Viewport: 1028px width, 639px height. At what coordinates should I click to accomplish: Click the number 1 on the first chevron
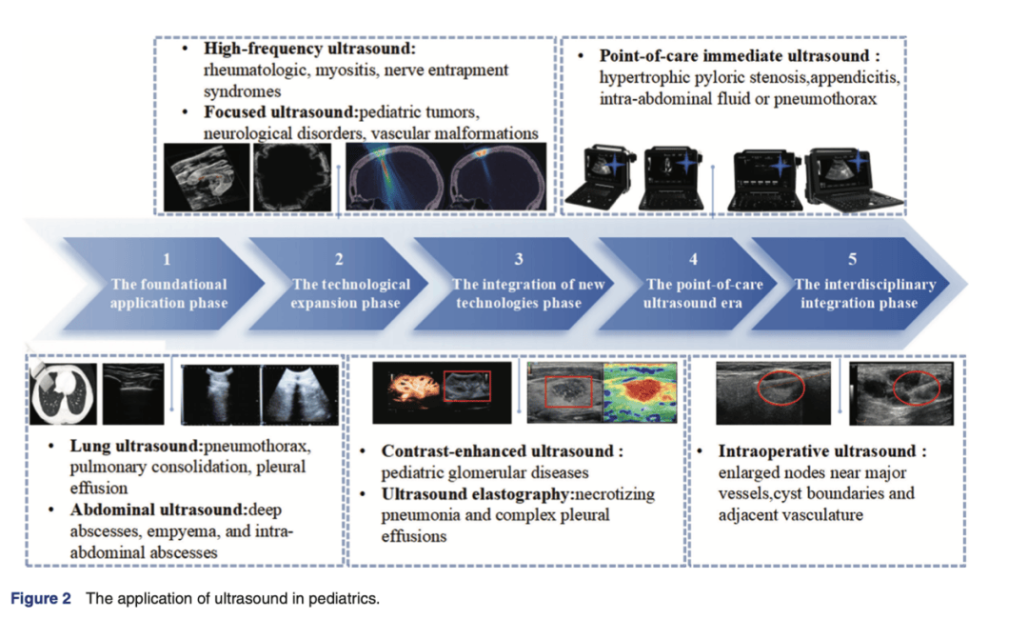tap(168, 258)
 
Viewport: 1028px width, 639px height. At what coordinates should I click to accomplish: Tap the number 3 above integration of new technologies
tap(518, 258)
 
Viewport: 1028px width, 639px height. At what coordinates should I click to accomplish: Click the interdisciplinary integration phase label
tap(864, 293)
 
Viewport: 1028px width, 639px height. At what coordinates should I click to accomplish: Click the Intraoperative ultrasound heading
tap(820, 451)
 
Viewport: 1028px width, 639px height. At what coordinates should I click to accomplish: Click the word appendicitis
tap(852, 77)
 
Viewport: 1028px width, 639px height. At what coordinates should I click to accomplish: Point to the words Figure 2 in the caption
tap(41, 599)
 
